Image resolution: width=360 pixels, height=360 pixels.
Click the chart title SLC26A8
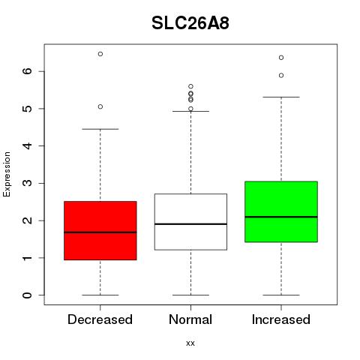[190, 23]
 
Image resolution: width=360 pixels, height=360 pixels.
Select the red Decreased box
[100, 230]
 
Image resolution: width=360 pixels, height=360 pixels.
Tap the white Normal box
[190, 222]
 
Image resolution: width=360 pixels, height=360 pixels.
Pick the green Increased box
[281, 211]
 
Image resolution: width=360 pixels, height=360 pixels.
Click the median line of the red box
[100, 232]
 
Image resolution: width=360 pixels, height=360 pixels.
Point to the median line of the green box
[281, 217]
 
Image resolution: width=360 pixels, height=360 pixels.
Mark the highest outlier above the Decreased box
[100, 54]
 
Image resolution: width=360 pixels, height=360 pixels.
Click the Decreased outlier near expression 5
[100, 106]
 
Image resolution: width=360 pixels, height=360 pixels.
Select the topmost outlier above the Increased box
[281, 58]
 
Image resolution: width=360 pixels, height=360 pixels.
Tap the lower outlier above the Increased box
[281, 76]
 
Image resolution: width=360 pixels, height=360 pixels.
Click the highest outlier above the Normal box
[190, 86]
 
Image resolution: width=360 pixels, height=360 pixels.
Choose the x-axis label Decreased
[100, 319]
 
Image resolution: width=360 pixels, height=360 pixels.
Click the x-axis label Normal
[190, 319]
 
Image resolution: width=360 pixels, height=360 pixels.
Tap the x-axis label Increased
[281, 319]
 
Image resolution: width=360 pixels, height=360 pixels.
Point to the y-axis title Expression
[7, 174]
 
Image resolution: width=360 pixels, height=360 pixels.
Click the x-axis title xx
[190, 343]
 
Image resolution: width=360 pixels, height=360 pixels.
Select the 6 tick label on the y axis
[28, 71]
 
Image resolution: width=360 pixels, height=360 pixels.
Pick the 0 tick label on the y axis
[28, 295]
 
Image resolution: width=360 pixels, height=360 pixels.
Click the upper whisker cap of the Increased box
[281, 97]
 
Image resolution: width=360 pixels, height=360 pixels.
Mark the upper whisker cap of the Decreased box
[100, 129]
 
